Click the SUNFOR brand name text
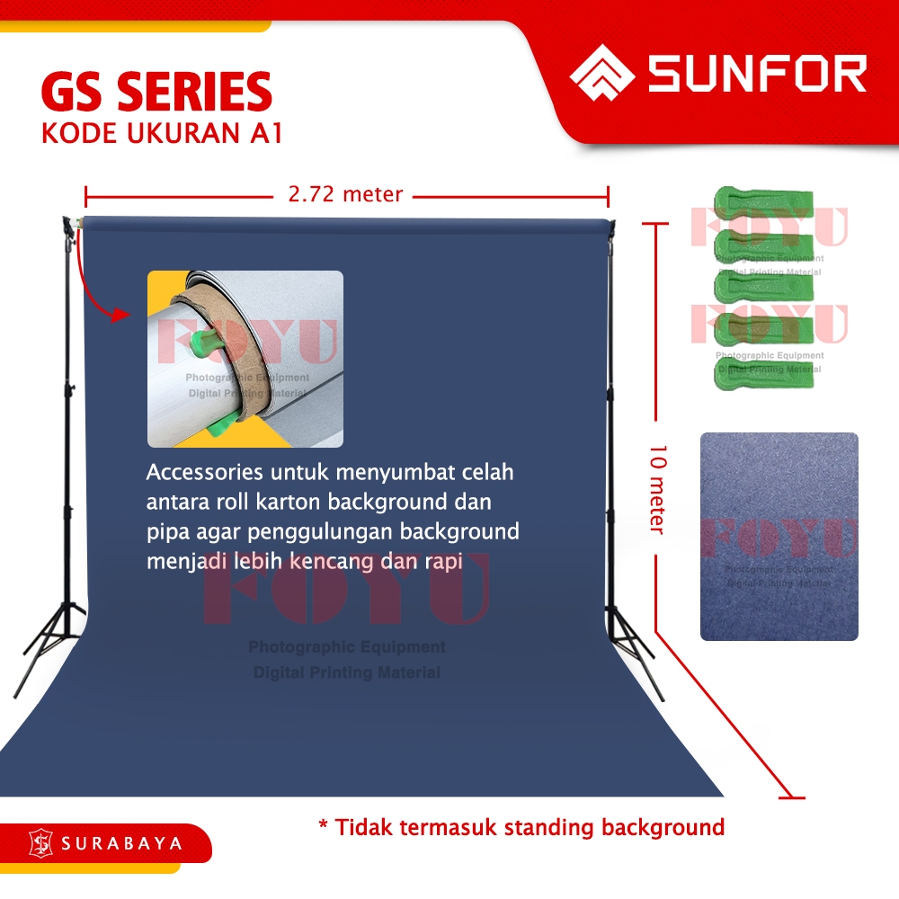coord(757,74)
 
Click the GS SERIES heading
coord(156,93)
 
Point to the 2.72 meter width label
coord(346,193)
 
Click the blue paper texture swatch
coord(779,536)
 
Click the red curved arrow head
coord(118,314)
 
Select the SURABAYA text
coord(122,844)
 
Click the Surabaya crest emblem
coord(41,843)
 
